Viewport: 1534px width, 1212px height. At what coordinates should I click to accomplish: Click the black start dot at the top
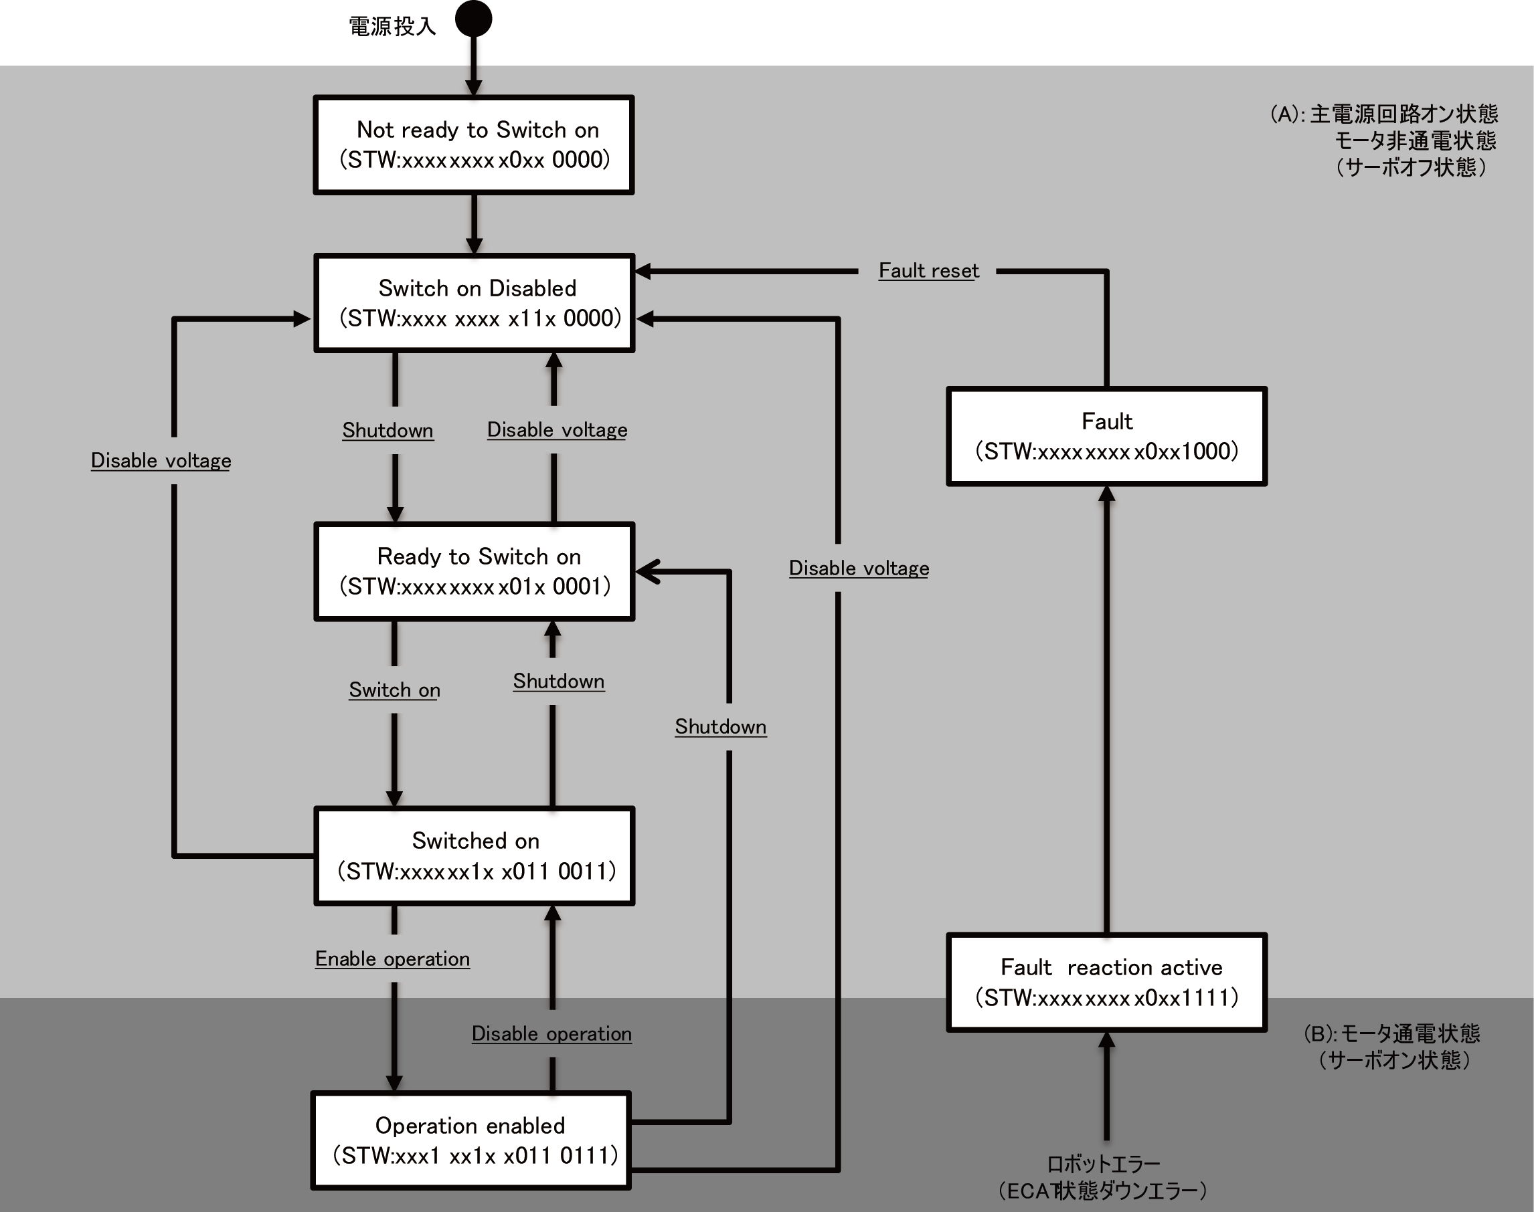(x=473, y=19)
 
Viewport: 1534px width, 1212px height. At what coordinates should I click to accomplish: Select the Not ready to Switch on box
(x=474, y=144)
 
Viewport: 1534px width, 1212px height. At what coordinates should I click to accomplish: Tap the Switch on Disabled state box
(x=474, y=303)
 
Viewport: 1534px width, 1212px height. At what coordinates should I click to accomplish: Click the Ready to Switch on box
(x=474, y=571)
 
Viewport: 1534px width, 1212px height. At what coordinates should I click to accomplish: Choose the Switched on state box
(x=474, y=855)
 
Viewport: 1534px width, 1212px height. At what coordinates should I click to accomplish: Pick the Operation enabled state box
(x=471, y=1140)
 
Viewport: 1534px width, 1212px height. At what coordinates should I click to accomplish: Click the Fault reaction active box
(x=1107, y=982)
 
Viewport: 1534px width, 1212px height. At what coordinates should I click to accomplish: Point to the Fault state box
(x=1107, y=436)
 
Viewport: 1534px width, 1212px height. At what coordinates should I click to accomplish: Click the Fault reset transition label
(x=928, y=270)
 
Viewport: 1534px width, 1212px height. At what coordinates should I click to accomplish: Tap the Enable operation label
(x=393, y=958)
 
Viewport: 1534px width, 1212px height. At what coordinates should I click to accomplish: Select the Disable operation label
(x=551, y=1034)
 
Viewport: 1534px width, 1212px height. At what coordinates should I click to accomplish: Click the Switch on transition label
(x=395, y=690)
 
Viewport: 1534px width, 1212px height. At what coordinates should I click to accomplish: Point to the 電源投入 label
(x=392, y=27)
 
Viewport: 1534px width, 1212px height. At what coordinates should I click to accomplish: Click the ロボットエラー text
(x=1103, y=1165)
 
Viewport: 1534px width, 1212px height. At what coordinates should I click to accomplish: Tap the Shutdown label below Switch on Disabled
(x=388, y=431)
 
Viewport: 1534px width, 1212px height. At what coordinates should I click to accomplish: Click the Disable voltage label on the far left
(x=161, y=461)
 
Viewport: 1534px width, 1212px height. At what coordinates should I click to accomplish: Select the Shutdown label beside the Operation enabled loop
(x=721, y=726)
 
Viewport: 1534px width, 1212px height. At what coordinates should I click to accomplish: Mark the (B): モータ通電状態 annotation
(x=1391, y=1033)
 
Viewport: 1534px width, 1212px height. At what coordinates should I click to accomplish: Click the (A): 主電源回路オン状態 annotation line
(x=1384, y=114)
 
